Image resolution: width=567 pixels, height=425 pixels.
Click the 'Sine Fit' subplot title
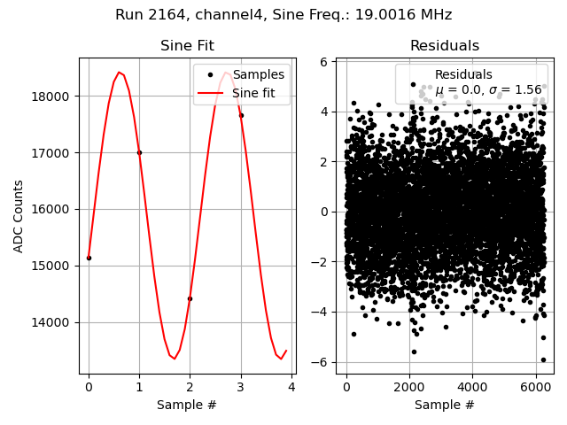[x=187, y=46]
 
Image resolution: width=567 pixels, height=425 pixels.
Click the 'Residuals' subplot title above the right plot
[x=444, y=46]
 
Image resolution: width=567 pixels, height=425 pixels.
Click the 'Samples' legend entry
[x=258, y=75]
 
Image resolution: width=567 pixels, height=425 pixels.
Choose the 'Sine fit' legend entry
[x=258, y=93]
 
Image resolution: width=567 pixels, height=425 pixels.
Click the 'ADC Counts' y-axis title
[x=19, y=216]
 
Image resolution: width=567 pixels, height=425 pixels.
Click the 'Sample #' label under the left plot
[x=187, y=405]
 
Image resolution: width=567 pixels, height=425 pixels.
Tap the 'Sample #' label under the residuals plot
[x=444, y=405]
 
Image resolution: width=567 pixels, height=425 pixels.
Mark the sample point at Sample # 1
[x=139, y=152]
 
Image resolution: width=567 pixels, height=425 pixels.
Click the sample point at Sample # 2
[x=190, y=298]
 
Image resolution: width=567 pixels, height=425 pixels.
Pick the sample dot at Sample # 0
[x=89, y=258]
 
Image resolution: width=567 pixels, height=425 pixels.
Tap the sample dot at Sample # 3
[x=241, y=115]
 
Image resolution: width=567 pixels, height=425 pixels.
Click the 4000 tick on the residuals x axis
[x=472, y=387]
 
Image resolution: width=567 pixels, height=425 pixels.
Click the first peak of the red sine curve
[x=119, y=73]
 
